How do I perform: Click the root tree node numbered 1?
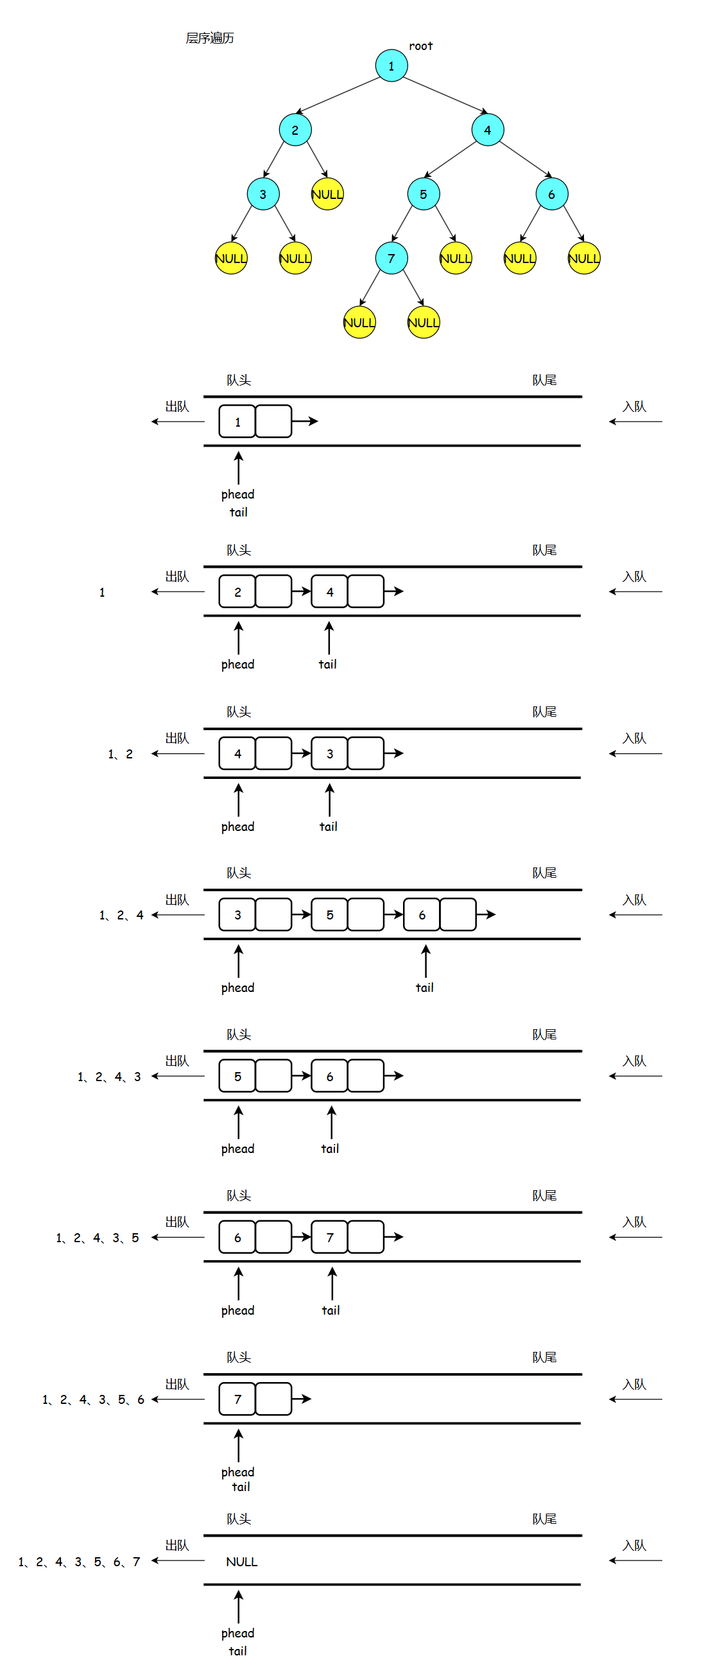(391, 65)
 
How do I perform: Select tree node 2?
(295, 130)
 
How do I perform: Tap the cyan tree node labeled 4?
(488, 130)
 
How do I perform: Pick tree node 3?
(263, 194)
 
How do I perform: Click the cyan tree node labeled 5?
(423, 194)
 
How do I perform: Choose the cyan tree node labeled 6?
(552, 194)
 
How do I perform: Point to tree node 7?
(391, 258)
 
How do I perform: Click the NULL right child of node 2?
(327, 194)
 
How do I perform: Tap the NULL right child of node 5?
(456, 258)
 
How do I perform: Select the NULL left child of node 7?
(359, 322)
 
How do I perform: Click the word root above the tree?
(420, 46)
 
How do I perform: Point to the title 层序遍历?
(209, 38)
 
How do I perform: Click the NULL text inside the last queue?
(242, 1562)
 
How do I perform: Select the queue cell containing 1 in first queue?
(237, 422)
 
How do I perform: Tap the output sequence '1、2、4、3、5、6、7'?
(80, 1562)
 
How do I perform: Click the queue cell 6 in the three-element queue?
(422, 915)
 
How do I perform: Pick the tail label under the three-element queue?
(424, 987)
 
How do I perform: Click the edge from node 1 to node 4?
(445, 95)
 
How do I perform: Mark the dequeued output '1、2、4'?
(121, 916)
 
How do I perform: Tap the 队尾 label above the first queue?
(544, 380)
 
